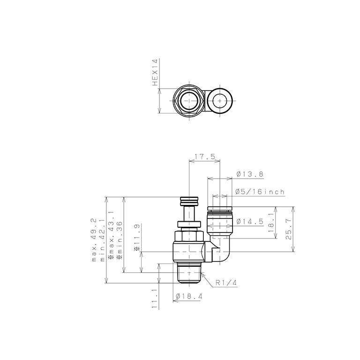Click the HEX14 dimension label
coord(156,73)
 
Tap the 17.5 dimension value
coord(205,157)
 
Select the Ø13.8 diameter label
coord(249,174)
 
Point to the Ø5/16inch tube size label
coord(260,192)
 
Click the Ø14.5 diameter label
coord(250,222)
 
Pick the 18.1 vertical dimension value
coord(271,223)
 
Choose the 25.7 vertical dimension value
coord(289,229)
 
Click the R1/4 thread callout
coord(226,283)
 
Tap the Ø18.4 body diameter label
coord(189,296)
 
